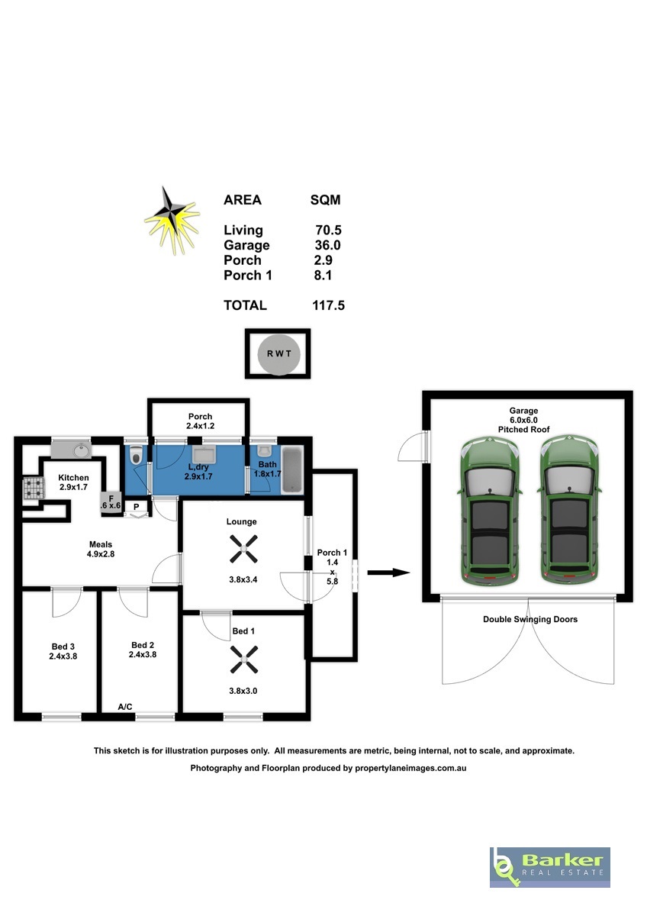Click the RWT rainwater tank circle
278,354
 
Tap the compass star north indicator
172,221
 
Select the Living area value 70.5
328,231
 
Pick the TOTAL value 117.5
328,305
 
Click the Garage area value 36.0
327,245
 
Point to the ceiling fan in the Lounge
243,548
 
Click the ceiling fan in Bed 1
243,660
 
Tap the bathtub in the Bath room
292,471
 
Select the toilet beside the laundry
135,456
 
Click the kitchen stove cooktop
34,489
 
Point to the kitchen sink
71,451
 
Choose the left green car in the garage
491,511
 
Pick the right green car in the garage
570,511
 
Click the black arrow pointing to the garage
388,573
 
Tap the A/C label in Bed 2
125,707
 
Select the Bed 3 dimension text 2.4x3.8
63,656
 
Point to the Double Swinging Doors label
530,619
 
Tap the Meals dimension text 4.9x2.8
101,554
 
